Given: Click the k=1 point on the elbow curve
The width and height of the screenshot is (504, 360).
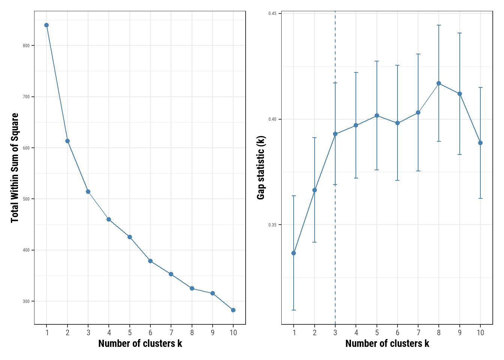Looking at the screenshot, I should (x=46, y=25).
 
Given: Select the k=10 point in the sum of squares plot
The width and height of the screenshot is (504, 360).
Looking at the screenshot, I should (x=233, y=310).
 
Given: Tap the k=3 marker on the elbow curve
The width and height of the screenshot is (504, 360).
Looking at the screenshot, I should (x=88, y=192).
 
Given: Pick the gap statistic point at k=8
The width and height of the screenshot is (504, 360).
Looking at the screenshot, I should (x=439, y=83).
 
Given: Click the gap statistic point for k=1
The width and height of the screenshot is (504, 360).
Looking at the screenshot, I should (x=294, y=253).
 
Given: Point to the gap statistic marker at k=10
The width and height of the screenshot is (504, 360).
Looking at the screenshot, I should (x=480, y=143).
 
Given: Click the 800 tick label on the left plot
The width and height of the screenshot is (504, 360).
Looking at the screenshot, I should (x=26, y=46).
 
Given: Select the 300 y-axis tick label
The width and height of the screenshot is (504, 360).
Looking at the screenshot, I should (x=26, y=301).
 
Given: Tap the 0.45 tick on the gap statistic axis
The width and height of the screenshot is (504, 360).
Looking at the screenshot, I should (x=272, y=14).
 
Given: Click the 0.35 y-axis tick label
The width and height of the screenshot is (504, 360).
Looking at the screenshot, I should (x=272, y=225).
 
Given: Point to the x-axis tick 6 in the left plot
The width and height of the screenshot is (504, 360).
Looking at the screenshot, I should (x=150, y=333).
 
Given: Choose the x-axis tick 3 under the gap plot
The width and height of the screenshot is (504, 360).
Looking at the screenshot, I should (x=335, y=333).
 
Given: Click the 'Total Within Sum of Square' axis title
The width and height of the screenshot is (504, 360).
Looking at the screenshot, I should (x=15, y=168).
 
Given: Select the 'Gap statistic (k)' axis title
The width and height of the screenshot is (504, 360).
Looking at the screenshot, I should (x=261, y=168).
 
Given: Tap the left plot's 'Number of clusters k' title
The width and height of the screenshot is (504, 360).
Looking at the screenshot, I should (x=140, y=343).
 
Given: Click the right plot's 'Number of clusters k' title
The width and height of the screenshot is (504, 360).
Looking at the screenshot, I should (x=387, y=343).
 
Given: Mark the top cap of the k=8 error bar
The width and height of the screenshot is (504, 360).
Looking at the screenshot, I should (x=439, y=25).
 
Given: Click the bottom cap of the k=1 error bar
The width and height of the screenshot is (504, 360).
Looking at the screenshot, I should (x=294, y=310).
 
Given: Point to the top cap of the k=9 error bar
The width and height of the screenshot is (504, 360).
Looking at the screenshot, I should (x=460, y=33).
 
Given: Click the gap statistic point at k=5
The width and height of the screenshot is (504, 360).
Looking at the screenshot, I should (x=377, y=115).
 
